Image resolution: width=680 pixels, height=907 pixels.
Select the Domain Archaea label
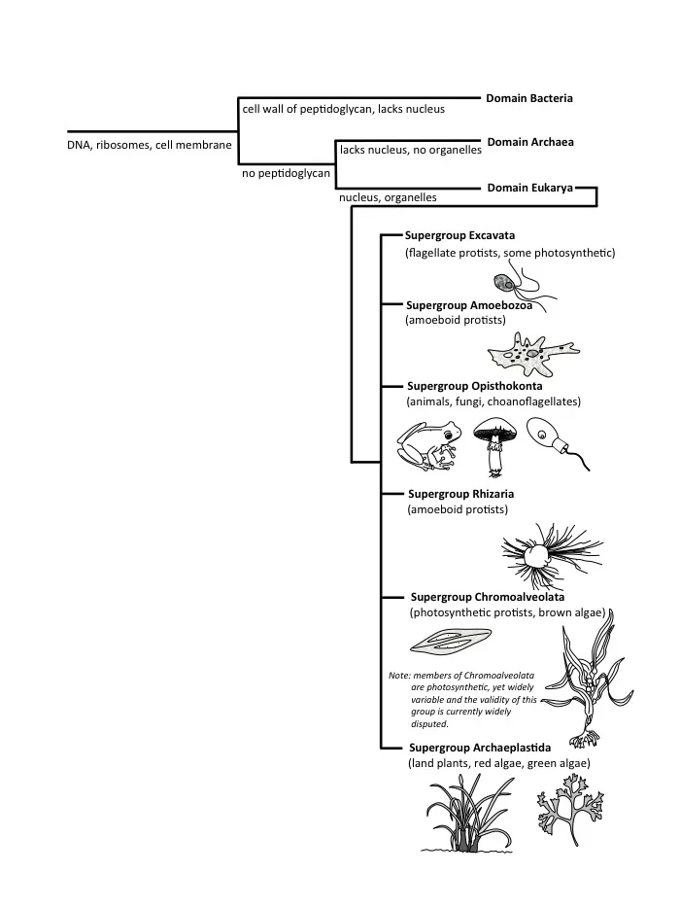coord(529,142)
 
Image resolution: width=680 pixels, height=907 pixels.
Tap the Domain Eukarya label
coord(529,188)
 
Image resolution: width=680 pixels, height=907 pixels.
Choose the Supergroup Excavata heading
coord(459,235)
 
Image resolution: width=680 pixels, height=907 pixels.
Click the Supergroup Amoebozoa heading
coord(468,304)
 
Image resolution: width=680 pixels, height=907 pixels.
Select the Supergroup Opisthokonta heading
coord(474,386)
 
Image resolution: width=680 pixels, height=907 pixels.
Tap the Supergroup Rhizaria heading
coord(460,494)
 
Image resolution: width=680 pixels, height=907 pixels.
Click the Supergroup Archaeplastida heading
coord(479,748)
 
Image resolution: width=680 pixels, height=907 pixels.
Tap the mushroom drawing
coord(495,442)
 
